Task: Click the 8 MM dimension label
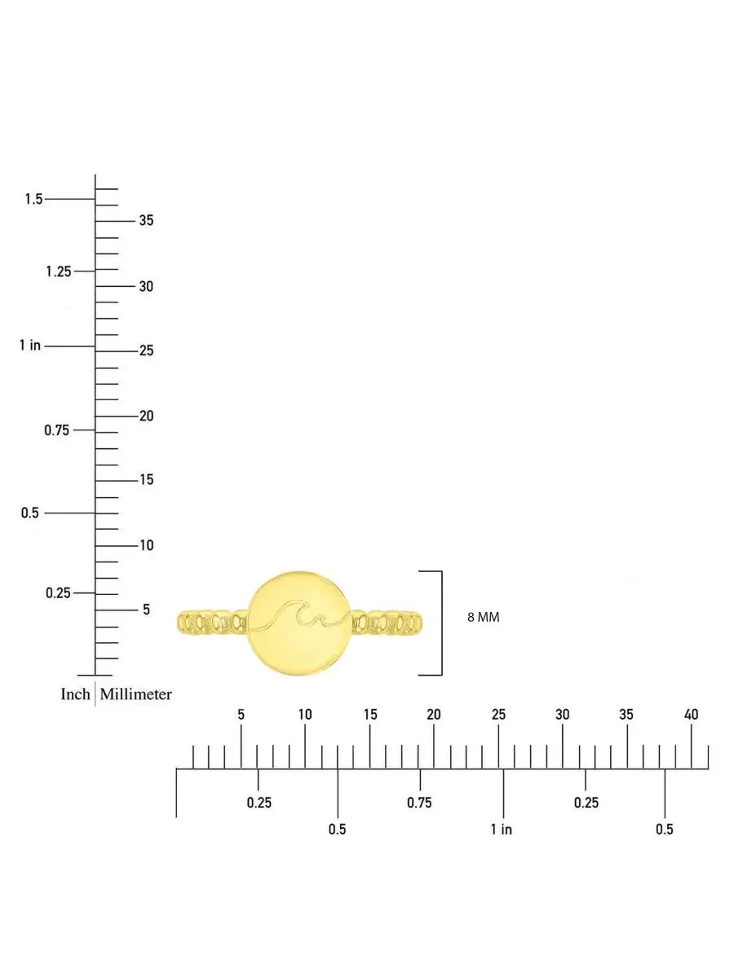(483, 617)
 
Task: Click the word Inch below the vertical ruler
(75, 694)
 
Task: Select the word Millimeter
(135, 694)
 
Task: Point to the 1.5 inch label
(34, 199)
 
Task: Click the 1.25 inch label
(59, 271)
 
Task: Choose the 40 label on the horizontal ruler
(692, 715)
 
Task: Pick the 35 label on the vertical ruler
(146, 220)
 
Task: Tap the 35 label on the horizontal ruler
(626, 715)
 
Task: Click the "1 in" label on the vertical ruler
(30, 345)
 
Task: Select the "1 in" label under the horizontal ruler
(502, 829)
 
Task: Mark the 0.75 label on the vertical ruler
(56, 430)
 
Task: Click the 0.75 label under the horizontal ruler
(419, 803)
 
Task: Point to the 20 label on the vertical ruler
(147, 416)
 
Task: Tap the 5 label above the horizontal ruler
(241, 715)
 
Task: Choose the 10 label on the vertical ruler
(147, 545)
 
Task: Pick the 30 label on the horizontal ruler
(563, 715)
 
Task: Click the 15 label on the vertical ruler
(147, 479)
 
